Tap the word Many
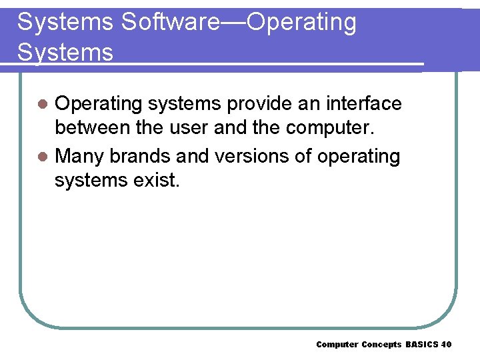coord(80,156)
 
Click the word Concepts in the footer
coord(381,344)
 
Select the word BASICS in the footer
coord(421,344)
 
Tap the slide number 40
coord(447,344)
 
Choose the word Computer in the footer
coord(337,344)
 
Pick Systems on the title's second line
coord(65,51)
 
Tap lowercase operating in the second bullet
coord(359,157)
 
